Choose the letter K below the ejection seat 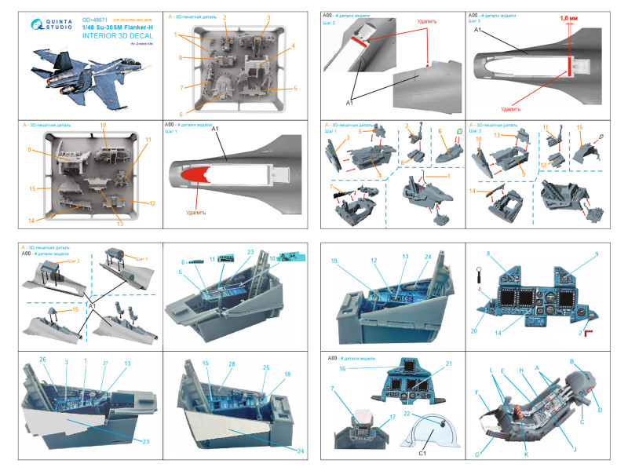pos(525,455)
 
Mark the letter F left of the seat pos(476,390)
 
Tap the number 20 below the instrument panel pos(474,330)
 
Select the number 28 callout pos(232,364)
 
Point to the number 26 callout pos(43,360)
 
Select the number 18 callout pos(287,375)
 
